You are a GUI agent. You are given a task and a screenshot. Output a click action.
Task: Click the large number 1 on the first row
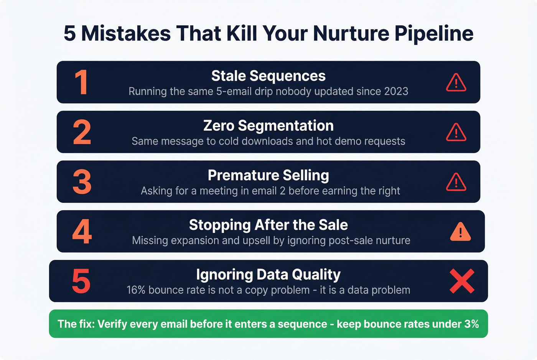pos(81,82)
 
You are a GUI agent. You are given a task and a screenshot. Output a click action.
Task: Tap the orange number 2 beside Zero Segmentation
pos(82,132)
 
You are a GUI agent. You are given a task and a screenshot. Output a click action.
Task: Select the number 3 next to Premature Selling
pos(82,182)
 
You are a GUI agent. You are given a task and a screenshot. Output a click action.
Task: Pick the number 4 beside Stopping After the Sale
pos(82,232)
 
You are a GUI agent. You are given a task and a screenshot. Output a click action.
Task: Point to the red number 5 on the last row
pos(81,281)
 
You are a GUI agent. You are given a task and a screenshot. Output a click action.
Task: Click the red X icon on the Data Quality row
pos(462,281)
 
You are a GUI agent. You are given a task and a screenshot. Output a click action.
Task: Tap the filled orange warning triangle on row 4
pos(460,232)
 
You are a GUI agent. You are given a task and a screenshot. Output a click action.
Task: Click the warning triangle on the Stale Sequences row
pos(456,83)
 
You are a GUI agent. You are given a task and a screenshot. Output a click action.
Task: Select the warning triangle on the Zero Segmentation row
pos(456,133)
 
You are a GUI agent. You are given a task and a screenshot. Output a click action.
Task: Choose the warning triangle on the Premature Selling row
pos(456,182)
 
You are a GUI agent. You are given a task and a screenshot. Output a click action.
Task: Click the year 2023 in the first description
pos(396,92)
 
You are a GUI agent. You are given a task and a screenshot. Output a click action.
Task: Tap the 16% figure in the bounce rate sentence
pos(136,290)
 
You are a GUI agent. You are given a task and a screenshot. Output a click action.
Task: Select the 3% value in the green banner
pos(471,324)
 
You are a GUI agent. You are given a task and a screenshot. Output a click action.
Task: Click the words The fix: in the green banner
pos(76,324)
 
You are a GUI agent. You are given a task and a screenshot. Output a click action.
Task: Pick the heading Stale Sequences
pos(268,76)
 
